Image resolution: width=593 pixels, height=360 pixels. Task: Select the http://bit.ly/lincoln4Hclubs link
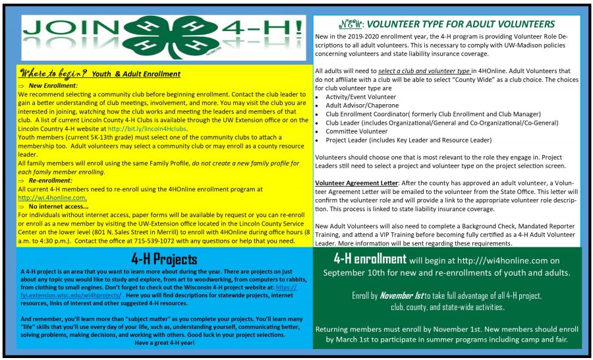149,129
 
